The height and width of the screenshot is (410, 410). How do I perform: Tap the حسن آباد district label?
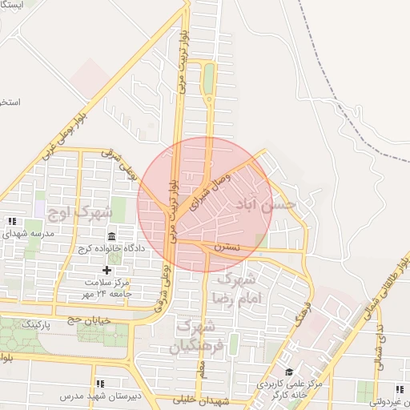266,206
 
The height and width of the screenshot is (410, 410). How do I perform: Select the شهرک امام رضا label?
234,289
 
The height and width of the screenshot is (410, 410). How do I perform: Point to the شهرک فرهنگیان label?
193,336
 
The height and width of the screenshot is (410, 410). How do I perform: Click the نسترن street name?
226,248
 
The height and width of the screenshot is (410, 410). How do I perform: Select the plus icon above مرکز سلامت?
107,270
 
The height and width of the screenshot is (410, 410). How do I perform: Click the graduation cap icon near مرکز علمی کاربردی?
289,372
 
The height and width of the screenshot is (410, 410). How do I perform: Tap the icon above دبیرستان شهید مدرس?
100,384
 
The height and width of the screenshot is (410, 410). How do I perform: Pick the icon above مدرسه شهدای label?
11,221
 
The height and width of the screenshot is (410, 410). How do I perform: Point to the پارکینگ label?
40,324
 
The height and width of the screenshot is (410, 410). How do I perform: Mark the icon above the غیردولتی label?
399,390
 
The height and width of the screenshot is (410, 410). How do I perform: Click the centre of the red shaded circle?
204,204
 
